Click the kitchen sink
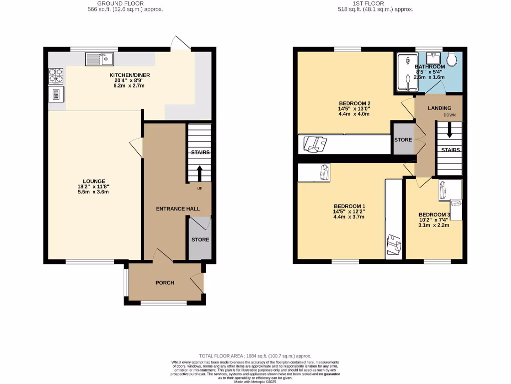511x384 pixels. click(100, 59)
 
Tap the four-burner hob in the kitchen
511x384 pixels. click(55, 75)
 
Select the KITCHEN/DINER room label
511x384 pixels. click(130, 75)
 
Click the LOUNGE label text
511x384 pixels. click(94, 181)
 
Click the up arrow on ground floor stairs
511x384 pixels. click(200, 173)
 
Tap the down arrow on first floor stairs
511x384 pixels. click(450, 131)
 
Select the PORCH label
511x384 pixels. click(165, 282)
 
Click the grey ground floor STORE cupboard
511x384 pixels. click(200, 239)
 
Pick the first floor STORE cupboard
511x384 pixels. click(403, 139)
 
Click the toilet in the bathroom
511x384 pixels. click(453, 59)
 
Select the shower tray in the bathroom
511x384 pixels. click(406, 73)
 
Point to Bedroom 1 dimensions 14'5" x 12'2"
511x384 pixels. click(349, 211)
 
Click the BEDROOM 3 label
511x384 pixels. click(434, 215)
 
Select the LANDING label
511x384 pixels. click(439, 108)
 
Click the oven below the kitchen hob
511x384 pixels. click(55, 94)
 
